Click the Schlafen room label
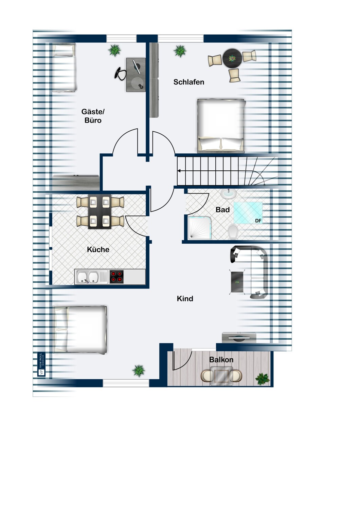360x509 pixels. point(189,82)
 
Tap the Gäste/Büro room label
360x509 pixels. point(93,116)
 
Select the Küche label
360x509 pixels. point(98,250)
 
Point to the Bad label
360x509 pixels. point(223,210)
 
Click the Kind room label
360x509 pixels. point(185,299)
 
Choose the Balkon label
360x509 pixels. point(221,360)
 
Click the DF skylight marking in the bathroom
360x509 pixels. point(258,221)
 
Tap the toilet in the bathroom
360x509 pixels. point(233,232)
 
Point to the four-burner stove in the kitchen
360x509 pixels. point(116,277)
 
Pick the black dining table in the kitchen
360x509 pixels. point(100,212)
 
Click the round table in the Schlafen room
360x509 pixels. point(232,59)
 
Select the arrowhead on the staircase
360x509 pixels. point(179,171)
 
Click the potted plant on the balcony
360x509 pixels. point(262,378)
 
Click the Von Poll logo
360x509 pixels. point(41,364)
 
